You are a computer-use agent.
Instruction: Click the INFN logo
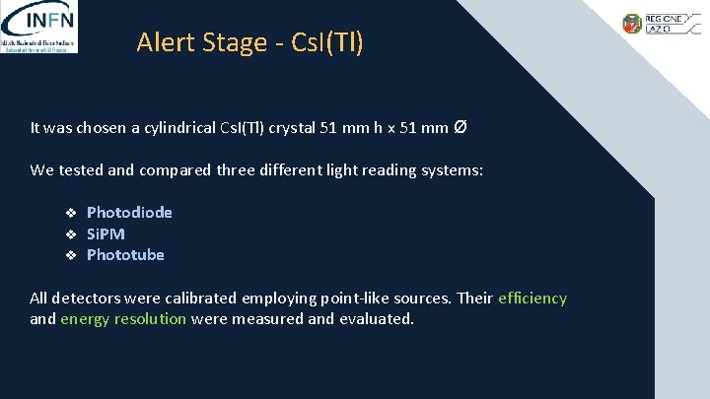coord(40,27)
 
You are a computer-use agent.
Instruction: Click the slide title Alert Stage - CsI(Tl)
coord(249,42)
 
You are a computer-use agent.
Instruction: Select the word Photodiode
coord(129,212)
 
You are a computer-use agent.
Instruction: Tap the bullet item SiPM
coord(106,233)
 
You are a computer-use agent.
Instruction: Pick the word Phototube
coord(125,255)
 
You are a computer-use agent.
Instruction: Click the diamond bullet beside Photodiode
coord(71,213)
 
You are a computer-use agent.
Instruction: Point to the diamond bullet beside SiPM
coord(71,234)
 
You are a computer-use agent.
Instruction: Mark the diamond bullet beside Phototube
coord(71,256)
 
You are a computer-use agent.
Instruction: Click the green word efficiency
coord(532,299)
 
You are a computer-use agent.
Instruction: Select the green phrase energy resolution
coord(123,319)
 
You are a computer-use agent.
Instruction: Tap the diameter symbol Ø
coord(461,127)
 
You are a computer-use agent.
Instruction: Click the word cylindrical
coord(163,128)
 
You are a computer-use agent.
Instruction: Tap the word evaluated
coord(377,319)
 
